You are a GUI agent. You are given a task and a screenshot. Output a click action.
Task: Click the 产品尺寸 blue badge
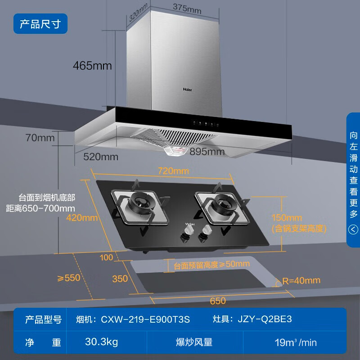pyautogui.click(x=40, y=24)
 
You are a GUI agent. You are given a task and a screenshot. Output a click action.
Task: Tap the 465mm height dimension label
pyautogui.click(x=92, y=66)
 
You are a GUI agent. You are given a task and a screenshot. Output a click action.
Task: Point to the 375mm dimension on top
pyautogui.click(x=187, y=9)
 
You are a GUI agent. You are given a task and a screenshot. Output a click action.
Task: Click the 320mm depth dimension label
pyautogui.click(x=138, y=13)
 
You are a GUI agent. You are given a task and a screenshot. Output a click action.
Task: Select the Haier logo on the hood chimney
pyautogui.click(x=187, y=90)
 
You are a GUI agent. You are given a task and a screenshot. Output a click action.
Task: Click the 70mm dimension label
pyautogui.click(x=40, y=138)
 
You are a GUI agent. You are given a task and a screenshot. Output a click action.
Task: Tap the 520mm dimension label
pyautogui.click(x=101, y=157)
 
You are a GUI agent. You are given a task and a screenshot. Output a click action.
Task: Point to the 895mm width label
pyautogui.click(x=207, y=152)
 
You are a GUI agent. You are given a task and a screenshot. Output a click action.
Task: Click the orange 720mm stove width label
pyautogui.click(x=174, y=171)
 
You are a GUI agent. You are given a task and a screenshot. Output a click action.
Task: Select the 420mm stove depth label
pyautogui.click(x=82, y=218)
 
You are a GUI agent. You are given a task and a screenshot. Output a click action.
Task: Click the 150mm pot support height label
pyautogui.click(x=287, y=218)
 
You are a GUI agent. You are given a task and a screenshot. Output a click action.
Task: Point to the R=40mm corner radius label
pyautogui.click(x=301, y=280)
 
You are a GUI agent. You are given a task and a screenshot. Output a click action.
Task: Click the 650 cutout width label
pyautogui.click(x=218, y=301)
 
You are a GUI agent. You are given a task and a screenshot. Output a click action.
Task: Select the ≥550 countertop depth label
pyautogui.click(x=69, y=278)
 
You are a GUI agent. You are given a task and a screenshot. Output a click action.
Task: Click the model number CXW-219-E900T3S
pyautogui.click(x=145, y=319)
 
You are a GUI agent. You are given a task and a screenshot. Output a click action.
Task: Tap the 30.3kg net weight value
pyautogui.click(x=102, y=342)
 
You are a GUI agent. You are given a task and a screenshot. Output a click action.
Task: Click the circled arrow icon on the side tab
pyautogui.click(x=353, y=229)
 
